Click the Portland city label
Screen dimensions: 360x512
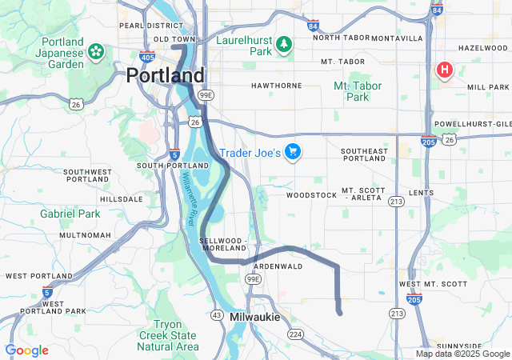pyautogui.click(x=165, y=75)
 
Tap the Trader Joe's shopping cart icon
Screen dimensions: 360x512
pyautogui.click(x=293, y=151)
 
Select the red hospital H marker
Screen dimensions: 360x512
pyautogui.click(x=444, y=70)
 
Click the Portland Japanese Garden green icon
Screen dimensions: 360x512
pyautogui.click(x=95, y=52)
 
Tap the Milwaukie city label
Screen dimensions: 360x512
pyautogui.click(x=254, y=317)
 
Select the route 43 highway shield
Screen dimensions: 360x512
pyautogui.click(x=216, y=315)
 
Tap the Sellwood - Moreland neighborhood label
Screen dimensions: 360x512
pyautogui.click(x=228, y=244)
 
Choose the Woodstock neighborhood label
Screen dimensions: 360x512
pyautogui.click(x=312, y=194)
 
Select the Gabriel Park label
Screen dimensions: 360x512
pyautogui.click(x=70, y=214)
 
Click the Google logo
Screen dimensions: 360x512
pyautogui.click(x=26, y=350)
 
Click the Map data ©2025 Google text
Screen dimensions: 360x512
pyautogui.click(x=462, y=354)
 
